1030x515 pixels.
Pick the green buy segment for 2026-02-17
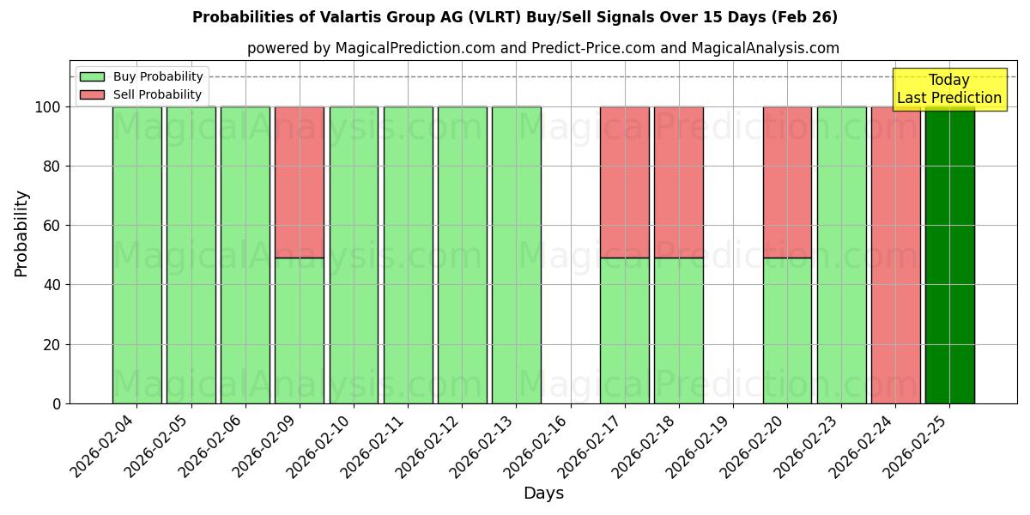pyautogui.click(x=624, y=330)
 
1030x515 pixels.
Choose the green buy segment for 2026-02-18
pyautogui.click(x=678, y=330)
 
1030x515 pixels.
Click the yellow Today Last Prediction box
pyautogui.click(x=948, y=89)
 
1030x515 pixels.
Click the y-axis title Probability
pyautogui.click(x=21, y=233)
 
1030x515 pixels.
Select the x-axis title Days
pyautogui.click(x=543, y=494)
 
